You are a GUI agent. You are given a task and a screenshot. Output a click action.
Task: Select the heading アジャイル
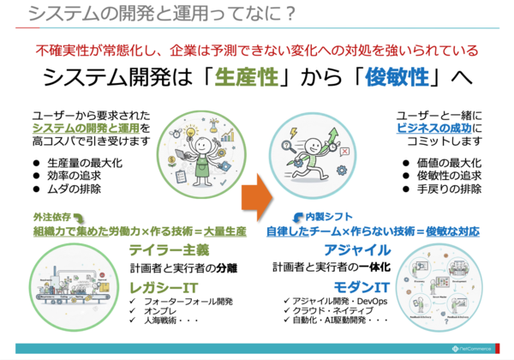tap(358, 249)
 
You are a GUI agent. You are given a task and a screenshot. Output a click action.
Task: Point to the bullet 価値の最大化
tap(448, 162)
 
